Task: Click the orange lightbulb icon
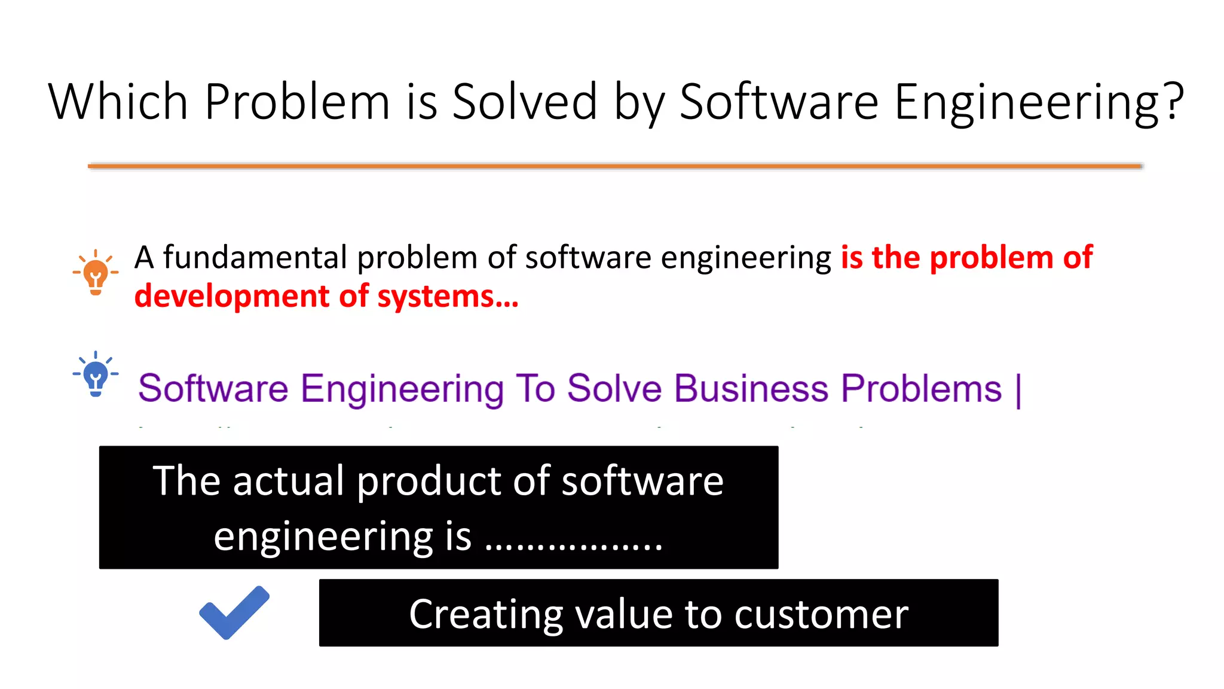coord(96,273)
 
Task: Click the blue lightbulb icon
coord(96,374)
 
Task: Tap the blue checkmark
coord(234,612)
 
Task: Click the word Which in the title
coord(118,102)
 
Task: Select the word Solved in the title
coord(524,102)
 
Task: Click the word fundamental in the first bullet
coord(255,258)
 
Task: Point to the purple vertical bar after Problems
coord(1018,390)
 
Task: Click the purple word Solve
coord(614,389)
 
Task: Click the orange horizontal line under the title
coord(615,166)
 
